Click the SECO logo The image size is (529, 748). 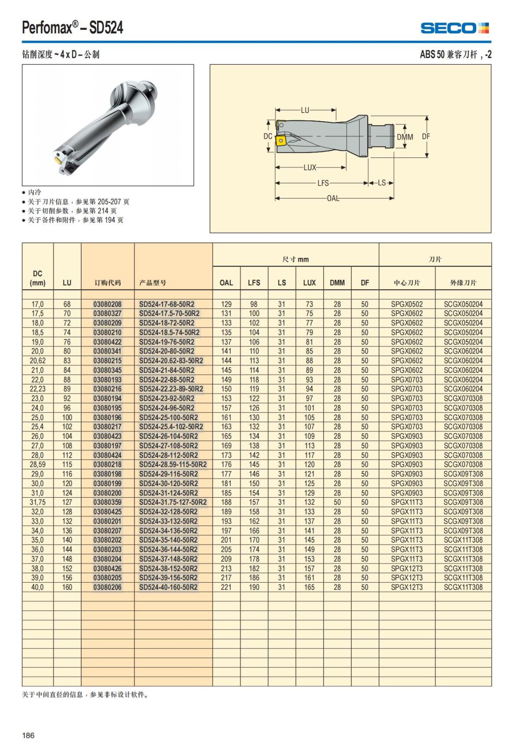pyautogui.click(x=454, y=28)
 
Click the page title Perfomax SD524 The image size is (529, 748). pyautogui.click(x=73, y=28)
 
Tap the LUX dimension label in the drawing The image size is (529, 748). pyautogui.click(x=310, y=167)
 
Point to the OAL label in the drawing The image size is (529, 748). pyautogui.click(x=333, y=198)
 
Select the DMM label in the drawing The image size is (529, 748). pyautogui.click(x=405, y=137)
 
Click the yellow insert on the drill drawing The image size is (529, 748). pyautogui.click(x=280, y=140)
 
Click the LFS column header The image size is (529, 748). pyautogui.click(x=254, y=283)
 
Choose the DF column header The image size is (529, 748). pyautogui.click(x=365, y=283)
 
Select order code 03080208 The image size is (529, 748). pyautogui.click(x=107, y=304)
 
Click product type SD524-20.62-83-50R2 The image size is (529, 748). pyautogui.click(x=171, y=361)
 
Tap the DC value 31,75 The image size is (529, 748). pyautogui.click(x=37, y=502)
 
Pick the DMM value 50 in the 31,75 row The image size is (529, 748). pyautogui.click(x=337, y=502)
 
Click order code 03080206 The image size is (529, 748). pyautogui.click(x=107, y=587)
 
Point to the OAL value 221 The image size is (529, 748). pyautogui.click(x=226, y=587)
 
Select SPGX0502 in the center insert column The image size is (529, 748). pyautogui.click(x=406, y=304)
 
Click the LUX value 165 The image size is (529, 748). pyautogui.click(x=309, y=587)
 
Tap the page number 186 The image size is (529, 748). pyautogui.click(x=28, y=735)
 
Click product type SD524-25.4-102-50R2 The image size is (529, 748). pyautogui.click(x=171, y=427)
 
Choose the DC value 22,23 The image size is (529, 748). pyautogui.click(x=37, y=389)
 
